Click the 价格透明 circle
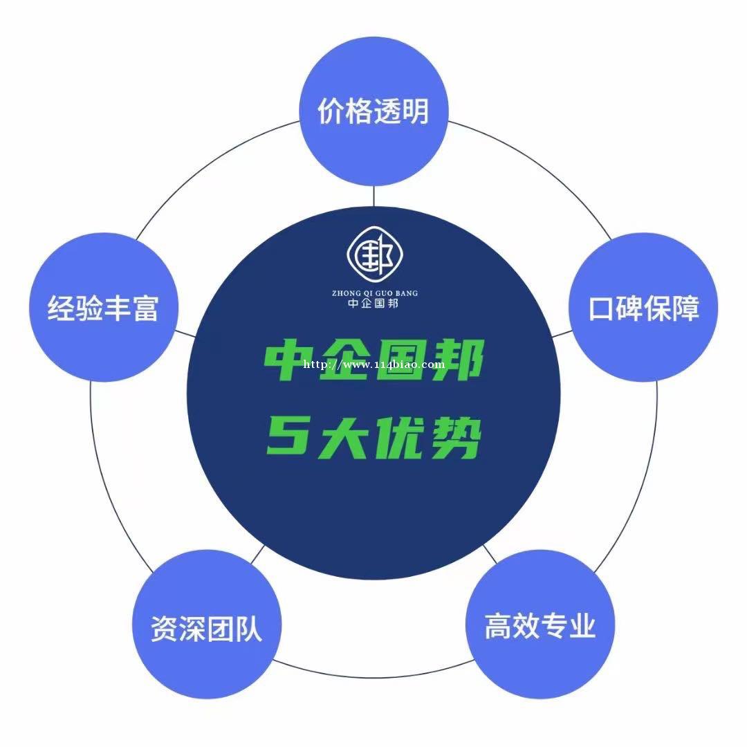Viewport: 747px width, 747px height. [373, 111]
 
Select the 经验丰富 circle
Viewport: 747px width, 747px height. [103, 307]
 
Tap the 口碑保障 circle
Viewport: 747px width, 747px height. [644, 307]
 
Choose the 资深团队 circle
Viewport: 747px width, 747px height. [207, 625]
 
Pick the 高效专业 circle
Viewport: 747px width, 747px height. [540, 625]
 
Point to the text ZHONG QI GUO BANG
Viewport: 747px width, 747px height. [375, 293]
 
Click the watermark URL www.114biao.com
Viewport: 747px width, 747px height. [374, 365]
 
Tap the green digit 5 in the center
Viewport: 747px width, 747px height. [286, 435]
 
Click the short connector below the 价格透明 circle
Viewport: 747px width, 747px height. [374, 196]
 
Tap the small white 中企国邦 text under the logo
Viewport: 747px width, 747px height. [373, 303]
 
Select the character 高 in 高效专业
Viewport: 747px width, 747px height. [498, 625]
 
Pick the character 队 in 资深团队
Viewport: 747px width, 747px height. [249, 629]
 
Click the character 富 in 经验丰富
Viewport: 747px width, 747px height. [145, 308]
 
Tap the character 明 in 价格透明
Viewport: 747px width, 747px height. [415, 111]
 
